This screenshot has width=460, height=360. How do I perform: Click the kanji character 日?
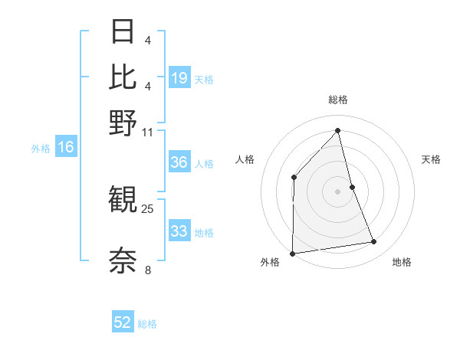tap(123, 32)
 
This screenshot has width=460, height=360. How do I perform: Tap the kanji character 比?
tap(123, 77)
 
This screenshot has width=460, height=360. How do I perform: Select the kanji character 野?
tap(123, 123)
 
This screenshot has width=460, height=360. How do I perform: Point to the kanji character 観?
tap(123, 201)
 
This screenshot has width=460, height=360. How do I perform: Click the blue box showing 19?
tap(179, 78)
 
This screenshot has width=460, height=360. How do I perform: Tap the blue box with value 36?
tap(179, 163)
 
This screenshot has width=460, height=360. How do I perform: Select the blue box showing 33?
tap(179, 232)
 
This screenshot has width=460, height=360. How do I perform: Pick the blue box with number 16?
tap(65, 148)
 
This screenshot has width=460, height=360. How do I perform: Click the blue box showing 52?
tap(123, 322)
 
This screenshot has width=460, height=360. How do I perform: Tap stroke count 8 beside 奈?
tap(148, 269)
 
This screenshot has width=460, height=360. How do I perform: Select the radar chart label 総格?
tap(338, 100)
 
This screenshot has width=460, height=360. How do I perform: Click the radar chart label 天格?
tap(431, 159)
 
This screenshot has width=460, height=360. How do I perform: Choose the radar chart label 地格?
tap(402, 263)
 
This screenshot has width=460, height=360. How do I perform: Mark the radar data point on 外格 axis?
tap(292, 254)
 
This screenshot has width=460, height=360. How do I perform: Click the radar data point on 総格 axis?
tap(338, 130)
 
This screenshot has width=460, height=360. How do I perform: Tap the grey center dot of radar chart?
tap(338, 191)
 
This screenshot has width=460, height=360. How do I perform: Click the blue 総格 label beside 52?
tap(147, 323)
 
